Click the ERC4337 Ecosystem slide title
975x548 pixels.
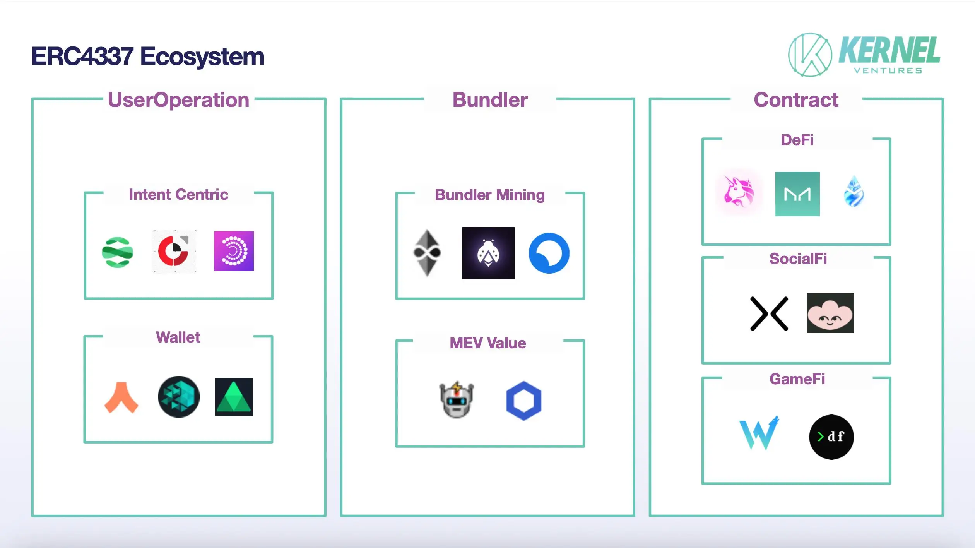tap(147, 57)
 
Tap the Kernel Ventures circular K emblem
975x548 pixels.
tap(810, 55)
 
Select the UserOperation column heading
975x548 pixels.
tap(178, 100)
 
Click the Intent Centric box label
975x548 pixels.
tap(178, 194)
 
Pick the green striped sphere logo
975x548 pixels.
tap(118, 252)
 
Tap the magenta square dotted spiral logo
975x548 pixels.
tap(234, 251)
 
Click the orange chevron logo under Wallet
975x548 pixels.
tap(121, 397)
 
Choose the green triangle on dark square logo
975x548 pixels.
tap(234, 397)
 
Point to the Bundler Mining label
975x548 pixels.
tap(489, 195)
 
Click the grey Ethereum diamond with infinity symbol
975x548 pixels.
tap(427, 253)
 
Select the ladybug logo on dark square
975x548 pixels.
tap(488, 253)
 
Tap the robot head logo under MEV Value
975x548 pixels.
tap(457, 400)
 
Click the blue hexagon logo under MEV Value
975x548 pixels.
tap(523, 401)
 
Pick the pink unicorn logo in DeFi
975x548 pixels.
tap(739, 192)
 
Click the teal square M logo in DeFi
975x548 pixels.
tap(797, 194)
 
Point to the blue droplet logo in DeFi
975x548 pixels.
tap(854, 192)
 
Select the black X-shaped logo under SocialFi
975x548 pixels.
tap(769, 314)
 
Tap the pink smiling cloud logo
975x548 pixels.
tap(830, 313)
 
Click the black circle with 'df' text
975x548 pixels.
tap(831, 437)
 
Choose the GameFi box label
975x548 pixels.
tap(797, 379)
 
